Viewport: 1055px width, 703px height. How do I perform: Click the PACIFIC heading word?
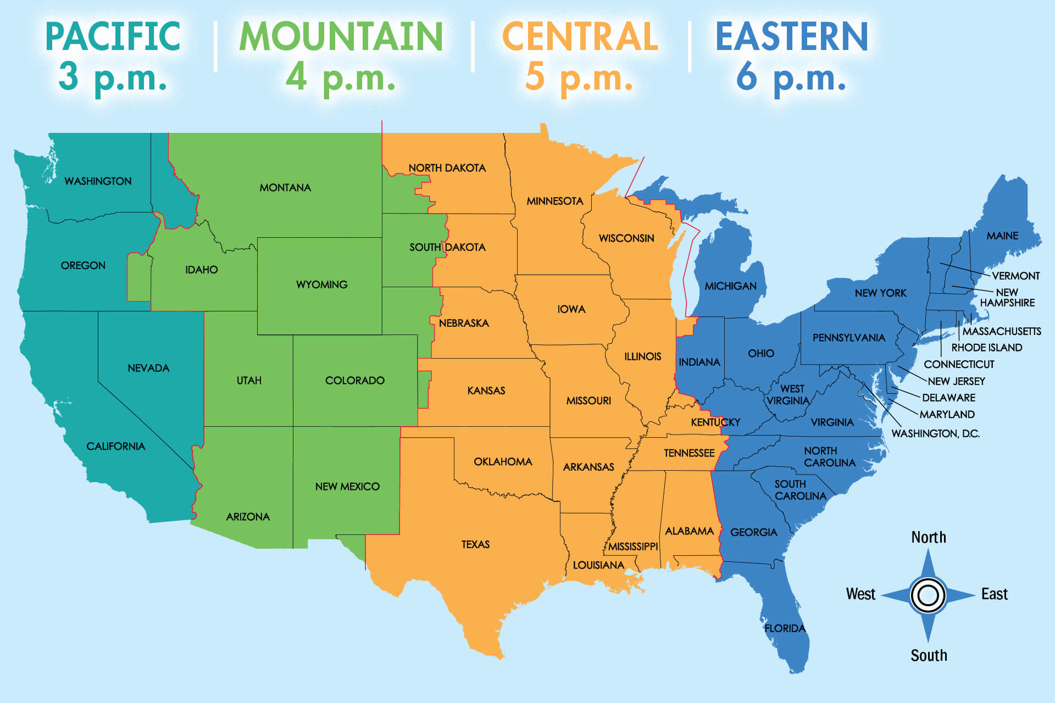[x=113, y=36]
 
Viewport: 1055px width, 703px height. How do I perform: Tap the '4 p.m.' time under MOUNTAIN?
[x=340, y=77]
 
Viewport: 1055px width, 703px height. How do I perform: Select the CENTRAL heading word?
[x=580, y=36]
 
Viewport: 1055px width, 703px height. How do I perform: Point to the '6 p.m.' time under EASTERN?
[x=791, y=77]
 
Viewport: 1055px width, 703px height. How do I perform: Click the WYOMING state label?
[x=321, y=284]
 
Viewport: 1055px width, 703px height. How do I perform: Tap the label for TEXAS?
[x=475, y=544]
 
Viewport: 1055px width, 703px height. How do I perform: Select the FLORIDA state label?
[x=785, y=628]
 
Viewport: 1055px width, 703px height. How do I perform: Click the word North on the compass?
[x=929, y=537]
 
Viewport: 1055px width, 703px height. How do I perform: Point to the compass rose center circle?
[x=928, y=595]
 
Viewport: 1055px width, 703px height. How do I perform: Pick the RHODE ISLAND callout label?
[x=986, y=348]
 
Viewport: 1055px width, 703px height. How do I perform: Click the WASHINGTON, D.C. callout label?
[x=935, y=433]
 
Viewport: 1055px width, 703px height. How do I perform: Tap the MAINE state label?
[x=1002, y=236]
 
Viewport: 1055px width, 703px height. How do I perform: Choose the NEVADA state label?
[x=148, y=368]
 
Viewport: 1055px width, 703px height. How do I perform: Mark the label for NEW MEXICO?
[x=347, y=487]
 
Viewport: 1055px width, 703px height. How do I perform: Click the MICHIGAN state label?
[x=730, y=286]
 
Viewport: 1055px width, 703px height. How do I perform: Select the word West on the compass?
[x=860, y=594]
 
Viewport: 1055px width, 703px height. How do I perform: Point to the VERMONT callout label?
[x=1015, y=276]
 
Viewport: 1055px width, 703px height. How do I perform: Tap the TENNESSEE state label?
[x=689, y=453]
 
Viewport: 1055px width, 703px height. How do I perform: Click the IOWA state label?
[x=571, y=309]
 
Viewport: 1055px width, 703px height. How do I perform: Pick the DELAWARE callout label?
[x=948, y=398]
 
